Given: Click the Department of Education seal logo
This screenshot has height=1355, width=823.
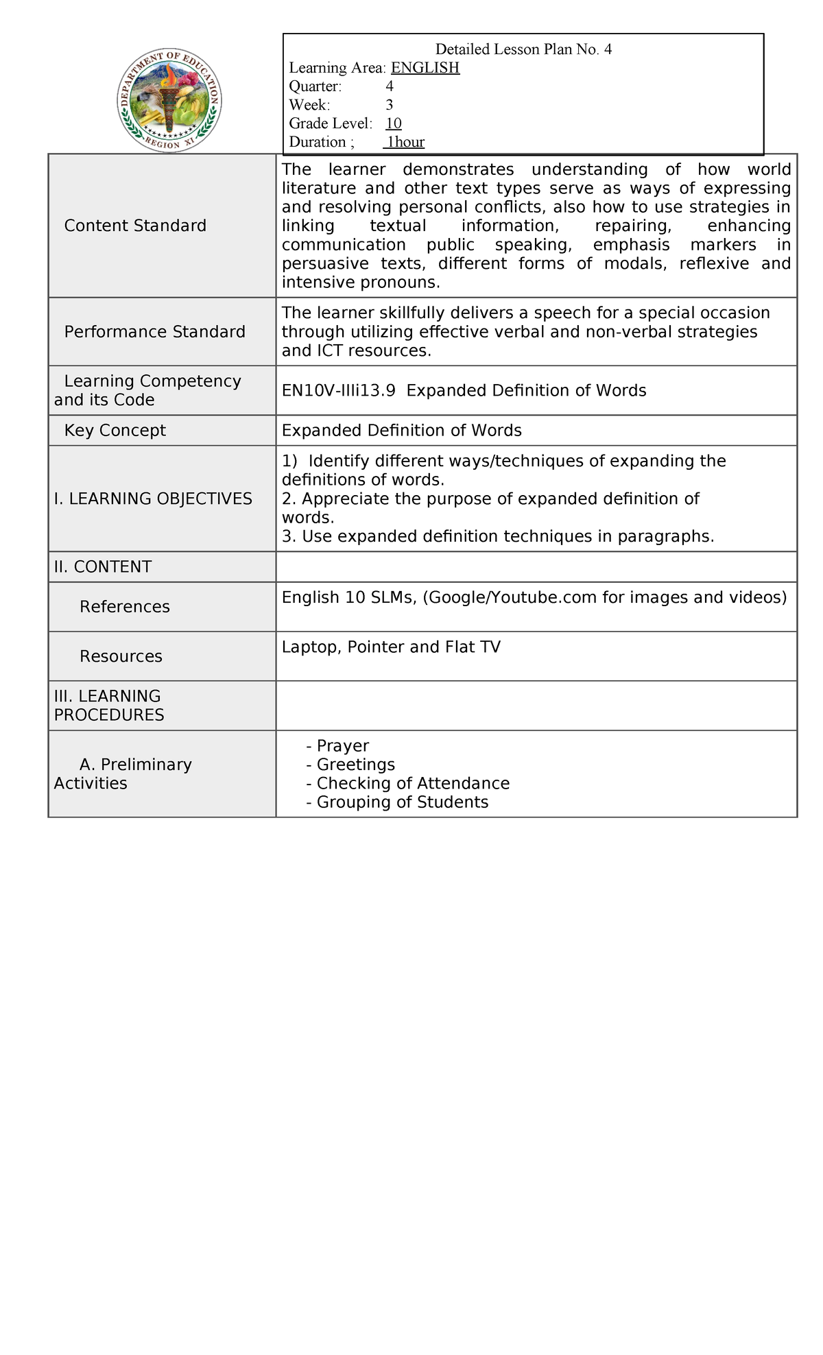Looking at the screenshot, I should pyautogui.click(x=169, y=101).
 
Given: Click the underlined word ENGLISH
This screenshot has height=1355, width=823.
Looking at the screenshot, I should pyautogui.click(x=425, y=68).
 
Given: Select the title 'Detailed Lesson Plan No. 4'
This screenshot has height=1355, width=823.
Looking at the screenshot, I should pyautogui.click(x=523, y=49).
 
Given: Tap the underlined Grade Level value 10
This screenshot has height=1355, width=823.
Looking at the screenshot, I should pyautogui.click(x=394, y=123).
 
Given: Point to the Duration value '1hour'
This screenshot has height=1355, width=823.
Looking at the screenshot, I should pyautogui.click(x=405, y=143).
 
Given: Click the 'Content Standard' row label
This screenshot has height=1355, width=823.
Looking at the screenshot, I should pyautogui.click(x=135, y=226).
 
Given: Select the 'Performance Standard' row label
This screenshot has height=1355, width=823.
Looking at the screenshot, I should pyautogui.click(x=154, y=332).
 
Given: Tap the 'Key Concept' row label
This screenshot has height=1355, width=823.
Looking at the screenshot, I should pyautogui.click(x=115, y=431).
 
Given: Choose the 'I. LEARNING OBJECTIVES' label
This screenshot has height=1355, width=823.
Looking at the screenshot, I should pyautogui.click(x=153, y=499).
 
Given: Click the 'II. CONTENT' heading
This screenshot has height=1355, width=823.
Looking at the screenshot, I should pyautogui.click(x=103, y=567).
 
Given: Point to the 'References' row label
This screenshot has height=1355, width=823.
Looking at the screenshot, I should pyautogui.click(x=125, y=607).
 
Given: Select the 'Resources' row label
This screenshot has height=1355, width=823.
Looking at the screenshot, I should pyautogui.click(x=121, y=656).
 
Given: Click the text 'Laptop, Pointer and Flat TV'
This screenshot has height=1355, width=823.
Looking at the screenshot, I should pyautogui.click(x=391, y=647).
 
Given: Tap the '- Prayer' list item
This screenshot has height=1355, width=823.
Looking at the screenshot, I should pyautogui.click(x=338, y=745).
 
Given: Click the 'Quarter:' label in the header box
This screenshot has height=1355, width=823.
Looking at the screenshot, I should pyautogui.click(x=315, y=86).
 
